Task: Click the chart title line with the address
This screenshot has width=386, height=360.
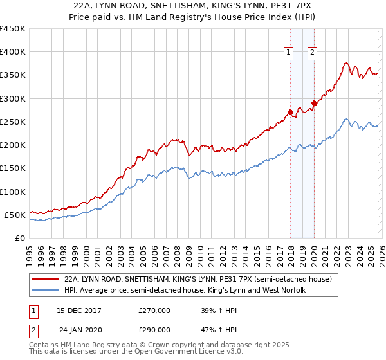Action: [x=192, y=6]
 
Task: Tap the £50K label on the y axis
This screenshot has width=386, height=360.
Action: [x=15, y=215]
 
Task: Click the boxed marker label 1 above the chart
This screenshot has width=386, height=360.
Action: [x=288, y=53]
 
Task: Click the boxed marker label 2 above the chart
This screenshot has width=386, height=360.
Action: [x=312, y=53]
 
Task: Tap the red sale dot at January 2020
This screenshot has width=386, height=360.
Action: [x=314, y=103]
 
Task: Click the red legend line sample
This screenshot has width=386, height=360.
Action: [x=45, y=280]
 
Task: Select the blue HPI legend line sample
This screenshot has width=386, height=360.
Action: [x=45, y=291]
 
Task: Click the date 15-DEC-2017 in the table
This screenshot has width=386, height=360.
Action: [x=79, y=310]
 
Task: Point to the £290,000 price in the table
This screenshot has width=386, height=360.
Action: [x=154, y=329]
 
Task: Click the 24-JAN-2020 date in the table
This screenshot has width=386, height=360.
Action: [x=79, y=329]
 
